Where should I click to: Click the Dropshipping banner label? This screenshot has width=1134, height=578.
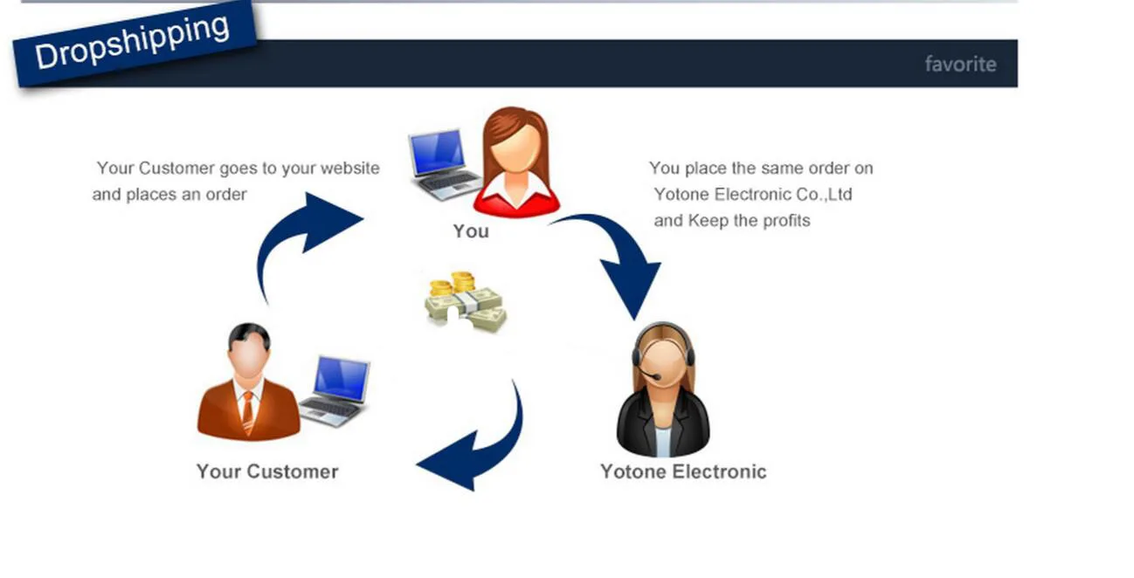(133, 42)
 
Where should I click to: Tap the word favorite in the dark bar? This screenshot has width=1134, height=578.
(960, 64)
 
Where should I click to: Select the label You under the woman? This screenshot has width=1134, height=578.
(470, 231)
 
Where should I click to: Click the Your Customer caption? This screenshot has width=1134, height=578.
(266, 471)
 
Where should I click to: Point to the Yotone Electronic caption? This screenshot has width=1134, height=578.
(682, 471)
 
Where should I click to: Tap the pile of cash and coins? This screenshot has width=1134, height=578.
(465, 303)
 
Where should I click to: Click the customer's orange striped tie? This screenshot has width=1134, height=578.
(248, 410)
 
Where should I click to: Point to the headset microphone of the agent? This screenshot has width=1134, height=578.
(647, 376)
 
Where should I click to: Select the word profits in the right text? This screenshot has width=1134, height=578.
(786, 221)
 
